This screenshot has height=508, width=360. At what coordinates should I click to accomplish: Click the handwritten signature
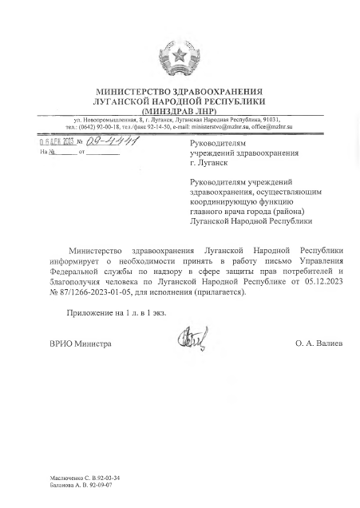(x=192, y=339)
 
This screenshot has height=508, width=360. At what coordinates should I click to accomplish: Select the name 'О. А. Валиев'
(x=318, y=343)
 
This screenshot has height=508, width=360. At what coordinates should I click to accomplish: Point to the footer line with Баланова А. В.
(x=80, y=484)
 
